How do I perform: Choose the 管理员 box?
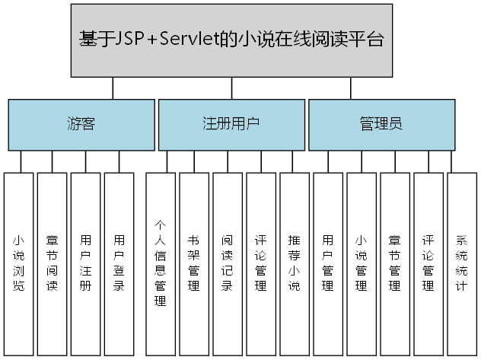[x=381, y=123]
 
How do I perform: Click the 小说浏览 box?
[x=18, y=263]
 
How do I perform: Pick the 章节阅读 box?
[x=52, y=263]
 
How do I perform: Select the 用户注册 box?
[x=85, y=263]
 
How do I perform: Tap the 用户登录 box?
[x=119, y=263]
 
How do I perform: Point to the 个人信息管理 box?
[x=160, y=263]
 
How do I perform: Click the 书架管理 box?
[x=193, y=263]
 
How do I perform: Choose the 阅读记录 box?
[x=227, y=263]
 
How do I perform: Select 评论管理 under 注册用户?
[x=260, y=263]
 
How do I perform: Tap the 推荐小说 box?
[x=295, y=263]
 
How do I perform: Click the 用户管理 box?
[x=328, y=263]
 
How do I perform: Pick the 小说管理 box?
[x=362, y=263]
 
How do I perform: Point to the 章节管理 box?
[x=395, y=263]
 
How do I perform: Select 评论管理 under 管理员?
[x=428, y=263]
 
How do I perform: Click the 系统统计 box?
[x=462, y=263]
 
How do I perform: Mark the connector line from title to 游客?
[x=113, y=88]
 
